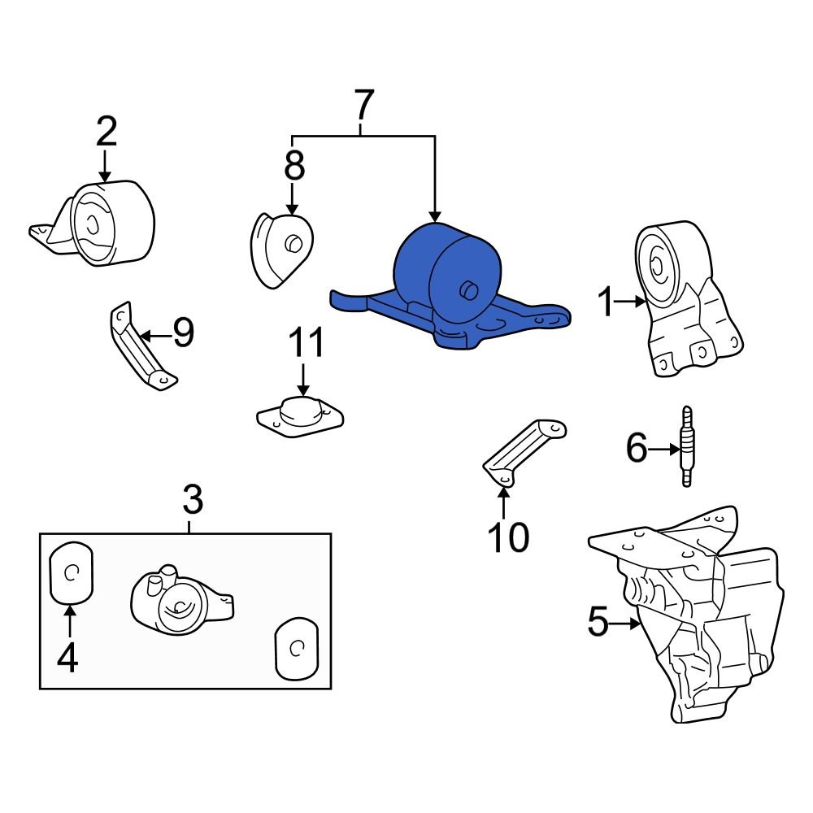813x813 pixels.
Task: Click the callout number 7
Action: tap(363, 106)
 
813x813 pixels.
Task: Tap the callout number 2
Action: tap(107, 132)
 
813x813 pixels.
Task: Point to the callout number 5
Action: tap(598, 624)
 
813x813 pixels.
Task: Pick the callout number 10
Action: tap(508, 537)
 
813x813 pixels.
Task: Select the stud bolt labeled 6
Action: tap(687, 446)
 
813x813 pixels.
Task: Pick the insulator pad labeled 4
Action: tap(72, 573)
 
